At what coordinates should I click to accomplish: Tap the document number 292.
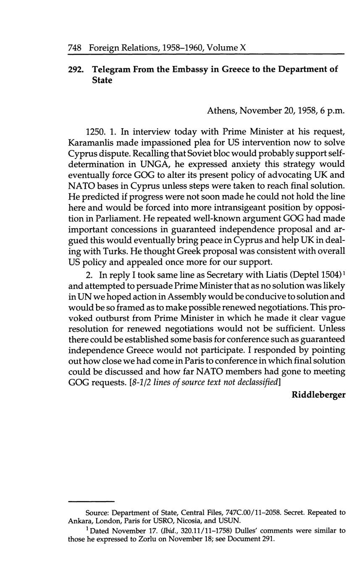click(x=76, y=69)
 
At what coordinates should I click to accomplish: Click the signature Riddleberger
click(x=318, y=395)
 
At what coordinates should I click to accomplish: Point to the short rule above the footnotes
click(x=91, y=501)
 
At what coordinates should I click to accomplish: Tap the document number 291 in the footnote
click(x=267, y=539)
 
